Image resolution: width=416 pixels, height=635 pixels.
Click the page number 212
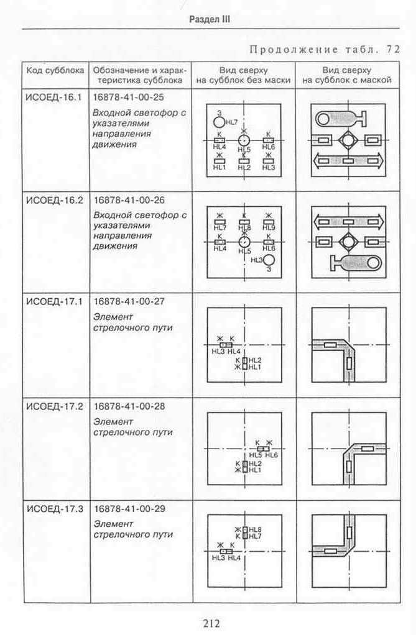(x=211, y=623)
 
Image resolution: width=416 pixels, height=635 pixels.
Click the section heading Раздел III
(x=210, y=19)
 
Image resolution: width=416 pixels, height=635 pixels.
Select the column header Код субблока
(x=55, y=70)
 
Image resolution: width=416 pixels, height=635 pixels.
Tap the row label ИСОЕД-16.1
(x=54, y=98)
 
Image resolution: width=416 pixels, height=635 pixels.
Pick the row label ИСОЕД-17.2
(x=55, y=406)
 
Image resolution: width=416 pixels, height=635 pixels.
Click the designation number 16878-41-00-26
(x=129, y=200)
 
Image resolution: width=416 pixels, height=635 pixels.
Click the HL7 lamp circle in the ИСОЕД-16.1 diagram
(x=219, y=122)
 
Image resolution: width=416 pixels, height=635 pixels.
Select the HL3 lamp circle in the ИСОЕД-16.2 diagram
(x=269, y=260)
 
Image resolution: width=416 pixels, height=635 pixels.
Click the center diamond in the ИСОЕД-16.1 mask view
(x=348, y=140)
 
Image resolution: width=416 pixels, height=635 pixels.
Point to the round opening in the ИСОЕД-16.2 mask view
(x=372, y=264)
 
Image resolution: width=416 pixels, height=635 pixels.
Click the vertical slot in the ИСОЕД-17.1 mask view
(x=349, y=363)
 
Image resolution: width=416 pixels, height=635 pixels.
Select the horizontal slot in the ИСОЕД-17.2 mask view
(x=367, y=449)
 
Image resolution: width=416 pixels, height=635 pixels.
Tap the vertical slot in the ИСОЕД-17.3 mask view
(x=349, y=532)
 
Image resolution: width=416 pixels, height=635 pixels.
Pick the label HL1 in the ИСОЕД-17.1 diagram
(x=255, y=367)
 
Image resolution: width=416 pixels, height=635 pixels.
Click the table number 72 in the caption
(x=393, y=50)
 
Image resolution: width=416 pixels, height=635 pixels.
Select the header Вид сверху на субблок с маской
(x=347, y=75)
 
